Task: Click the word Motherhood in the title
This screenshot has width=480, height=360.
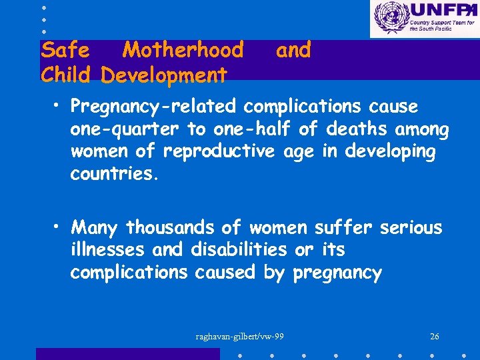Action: point(183,50)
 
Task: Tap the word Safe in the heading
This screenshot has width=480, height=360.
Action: point(65,50)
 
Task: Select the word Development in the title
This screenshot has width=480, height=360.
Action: point(164,74)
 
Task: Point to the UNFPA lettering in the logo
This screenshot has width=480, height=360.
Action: point(440,11)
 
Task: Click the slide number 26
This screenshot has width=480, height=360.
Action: point(435,336)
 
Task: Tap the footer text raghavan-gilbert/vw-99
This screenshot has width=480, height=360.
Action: point(240,336)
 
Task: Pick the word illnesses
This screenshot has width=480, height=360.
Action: point(109,250)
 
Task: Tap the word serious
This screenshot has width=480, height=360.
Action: point(411,227)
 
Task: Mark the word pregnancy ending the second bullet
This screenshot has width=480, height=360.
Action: point(337,273)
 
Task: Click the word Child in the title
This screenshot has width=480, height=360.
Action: point(65,74)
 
